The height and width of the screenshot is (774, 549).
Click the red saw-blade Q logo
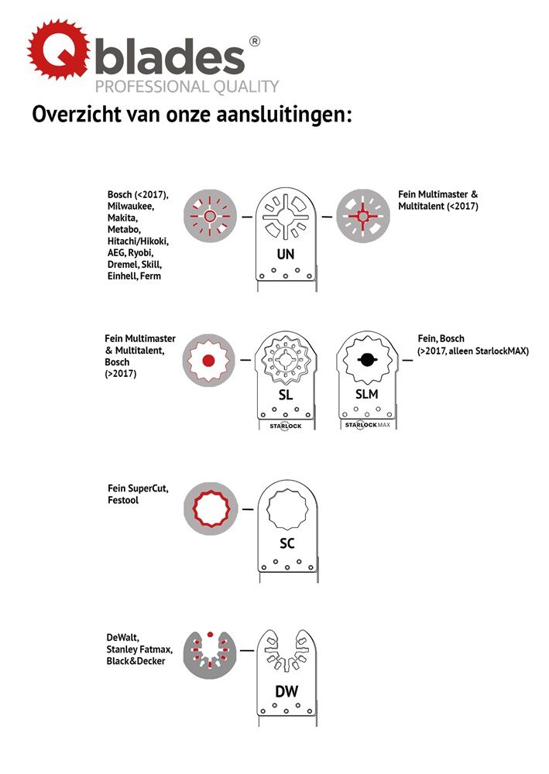[x=59, y=50]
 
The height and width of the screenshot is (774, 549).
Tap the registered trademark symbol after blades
[x=254, y=42]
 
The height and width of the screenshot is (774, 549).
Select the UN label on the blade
[x=286, y=254]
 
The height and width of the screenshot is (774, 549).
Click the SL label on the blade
[x=286, y=395]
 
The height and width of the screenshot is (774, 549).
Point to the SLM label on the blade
[x=367, y=394]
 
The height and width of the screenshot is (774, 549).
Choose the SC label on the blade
[x=287, y=543]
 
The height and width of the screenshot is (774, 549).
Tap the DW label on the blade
[x=287, y=691]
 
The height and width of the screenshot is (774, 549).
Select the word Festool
[x=123, y=500]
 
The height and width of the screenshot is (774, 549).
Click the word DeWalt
[x=122, y=637]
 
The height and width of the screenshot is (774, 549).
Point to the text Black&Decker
[x=136, y=661]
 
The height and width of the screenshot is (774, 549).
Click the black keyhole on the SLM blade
[x=366, y=360]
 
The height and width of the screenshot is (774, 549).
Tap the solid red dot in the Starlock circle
[x=208, y=361]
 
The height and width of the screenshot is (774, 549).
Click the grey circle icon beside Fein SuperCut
[x=211, y=509]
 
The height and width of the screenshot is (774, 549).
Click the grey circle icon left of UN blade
[x=210, y=216]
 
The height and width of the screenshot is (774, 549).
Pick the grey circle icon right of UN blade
[x=363, y=216]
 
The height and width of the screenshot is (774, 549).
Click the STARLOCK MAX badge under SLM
[x=367, y=424]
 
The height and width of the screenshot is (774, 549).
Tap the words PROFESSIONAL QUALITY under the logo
[x=187, y=87]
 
